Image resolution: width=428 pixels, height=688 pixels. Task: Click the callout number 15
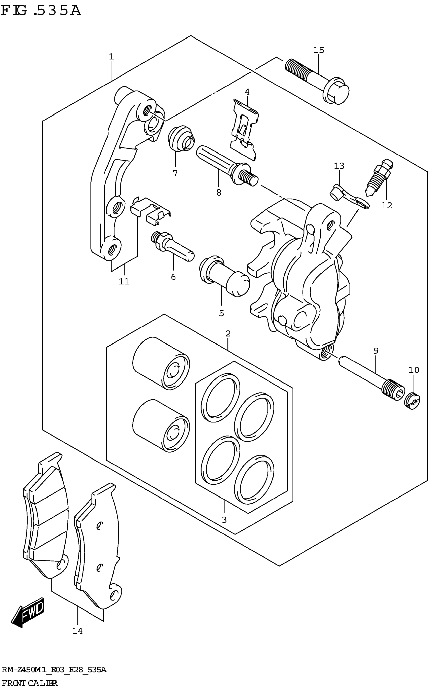tap(318, 50)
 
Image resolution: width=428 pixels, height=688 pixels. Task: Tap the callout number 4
tap(247, 92)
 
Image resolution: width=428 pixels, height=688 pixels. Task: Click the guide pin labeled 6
tap(173, 246)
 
